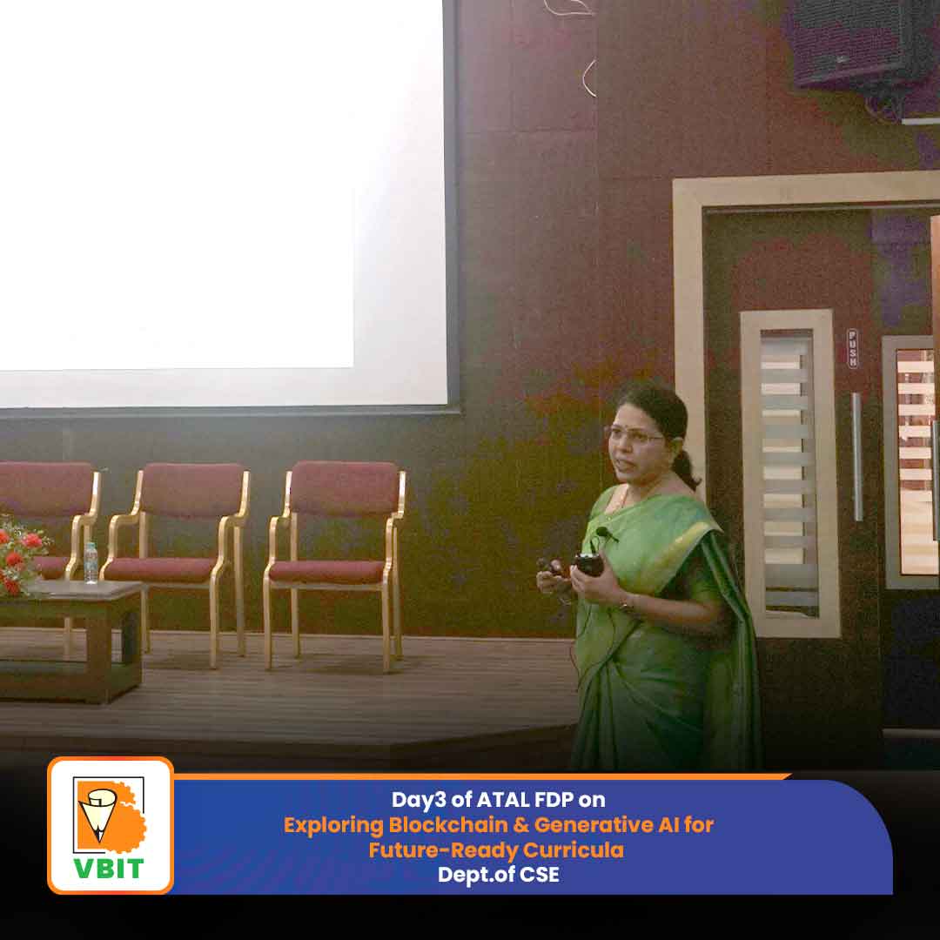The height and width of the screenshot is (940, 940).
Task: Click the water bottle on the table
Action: pos(91,562)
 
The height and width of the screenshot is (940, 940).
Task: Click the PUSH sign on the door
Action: pos(852,348)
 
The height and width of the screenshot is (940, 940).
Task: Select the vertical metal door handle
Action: pos(857,457)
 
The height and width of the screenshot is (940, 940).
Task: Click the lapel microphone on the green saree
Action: pos(606,533)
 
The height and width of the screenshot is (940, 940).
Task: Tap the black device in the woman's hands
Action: pos(588,564)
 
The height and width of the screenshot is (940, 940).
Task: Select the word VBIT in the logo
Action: pos(109,868)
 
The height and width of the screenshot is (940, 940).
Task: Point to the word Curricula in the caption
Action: pos(573,850)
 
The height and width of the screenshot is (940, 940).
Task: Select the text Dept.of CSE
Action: pos(499,875)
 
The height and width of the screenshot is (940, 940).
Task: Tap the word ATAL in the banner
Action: pos(502,800)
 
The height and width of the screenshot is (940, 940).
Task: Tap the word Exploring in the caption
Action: pos(333,825)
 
